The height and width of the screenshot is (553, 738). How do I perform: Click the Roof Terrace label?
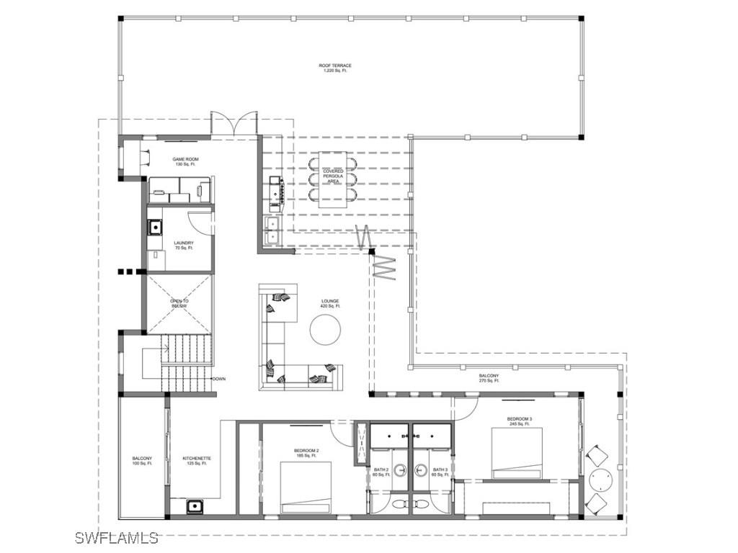(335, 68)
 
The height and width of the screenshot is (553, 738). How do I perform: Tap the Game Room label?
(185, 161)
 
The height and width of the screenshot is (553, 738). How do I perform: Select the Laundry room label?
(184, 246)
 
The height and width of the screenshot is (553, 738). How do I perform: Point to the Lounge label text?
(330, 303)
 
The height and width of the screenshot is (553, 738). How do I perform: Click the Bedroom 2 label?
(306, 453)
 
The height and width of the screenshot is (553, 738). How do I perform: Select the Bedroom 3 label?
(519, 421)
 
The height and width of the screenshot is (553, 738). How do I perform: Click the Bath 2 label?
(381, 472)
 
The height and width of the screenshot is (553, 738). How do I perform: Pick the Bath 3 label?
(440, 472)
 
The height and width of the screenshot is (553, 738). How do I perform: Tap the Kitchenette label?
(197, 461)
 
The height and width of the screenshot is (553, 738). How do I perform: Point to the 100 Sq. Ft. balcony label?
(142, 461)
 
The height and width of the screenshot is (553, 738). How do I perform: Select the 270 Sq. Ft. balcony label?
(489, 379)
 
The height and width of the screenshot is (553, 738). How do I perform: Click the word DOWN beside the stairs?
(219, 379)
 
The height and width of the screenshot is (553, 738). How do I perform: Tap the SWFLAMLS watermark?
(116, 538)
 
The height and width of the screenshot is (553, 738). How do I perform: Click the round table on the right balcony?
(600, 478)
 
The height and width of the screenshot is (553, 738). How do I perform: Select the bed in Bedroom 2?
(306, 488)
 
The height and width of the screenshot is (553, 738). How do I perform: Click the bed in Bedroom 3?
(517, 453)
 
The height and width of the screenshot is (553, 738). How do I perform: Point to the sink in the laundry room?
(155, 228)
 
